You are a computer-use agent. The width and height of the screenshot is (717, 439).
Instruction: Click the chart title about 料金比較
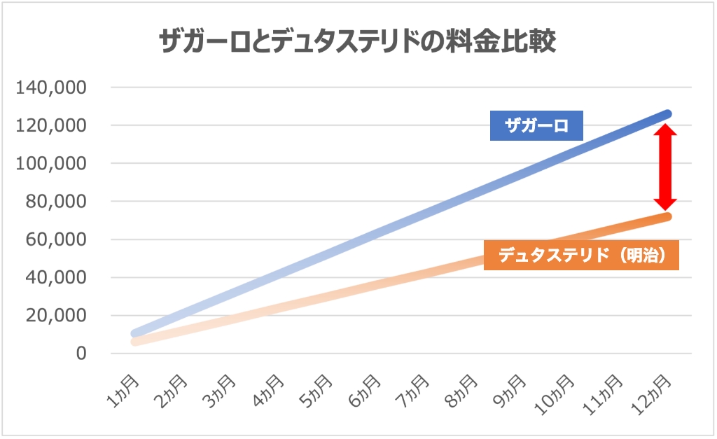(358, 42)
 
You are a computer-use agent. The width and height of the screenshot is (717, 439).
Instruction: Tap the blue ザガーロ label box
(536, 126)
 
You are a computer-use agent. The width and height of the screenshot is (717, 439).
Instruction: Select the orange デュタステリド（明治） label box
(580, 256)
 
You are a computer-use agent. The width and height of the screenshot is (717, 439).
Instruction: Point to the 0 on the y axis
(81, 353)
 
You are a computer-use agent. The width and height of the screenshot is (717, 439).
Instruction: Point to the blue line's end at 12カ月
(667, 114)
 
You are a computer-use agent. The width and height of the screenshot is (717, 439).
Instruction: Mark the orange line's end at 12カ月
(667, 216)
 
